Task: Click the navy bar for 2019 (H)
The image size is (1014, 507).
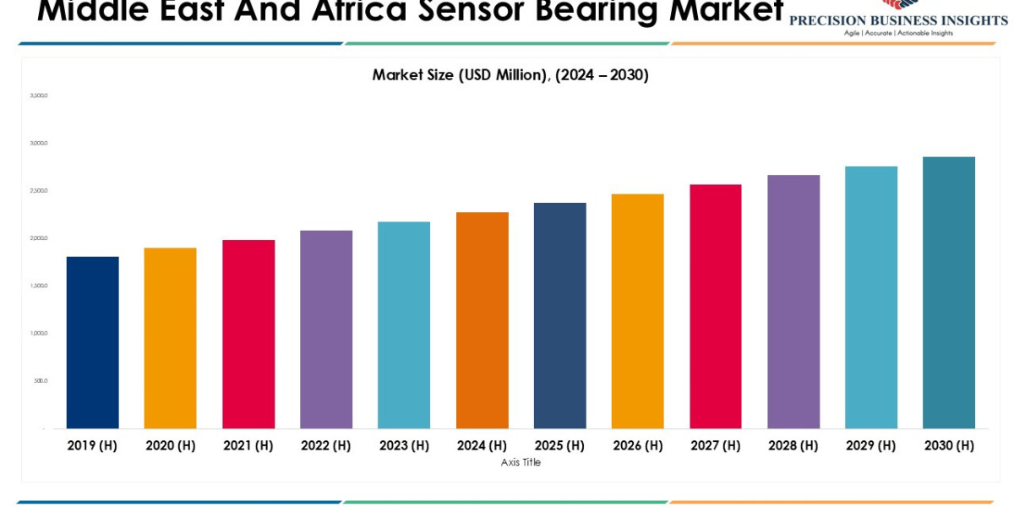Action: [92, 342]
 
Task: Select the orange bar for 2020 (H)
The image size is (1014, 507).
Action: [170, 338]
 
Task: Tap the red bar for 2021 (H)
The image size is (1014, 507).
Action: [248, 334]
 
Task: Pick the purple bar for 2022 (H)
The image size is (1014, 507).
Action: [326, 330]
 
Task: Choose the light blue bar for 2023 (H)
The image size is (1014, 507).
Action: [404, 325]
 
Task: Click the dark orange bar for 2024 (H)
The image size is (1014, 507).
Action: [482, 320]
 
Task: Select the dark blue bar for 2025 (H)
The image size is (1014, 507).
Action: [559, 315]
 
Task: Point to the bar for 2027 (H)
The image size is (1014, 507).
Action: [716, 306]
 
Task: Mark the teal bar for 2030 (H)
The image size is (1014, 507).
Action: [949, 292]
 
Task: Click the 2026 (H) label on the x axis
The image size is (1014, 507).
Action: [637, 445]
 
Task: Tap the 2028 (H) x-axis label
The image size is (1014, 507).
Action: [793, 445]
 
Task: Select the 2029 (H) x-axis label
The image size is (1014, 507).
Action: [871, 445]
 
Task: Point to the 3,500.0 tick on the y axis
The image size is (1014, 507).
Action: [39, 95]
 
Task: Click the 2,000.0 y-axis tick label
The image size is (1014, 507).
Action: [39, 238]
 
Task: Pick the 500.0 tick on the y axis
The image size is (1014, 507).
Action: [41, 380]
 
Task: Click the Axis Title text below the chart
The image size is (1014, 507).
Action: [521, 462]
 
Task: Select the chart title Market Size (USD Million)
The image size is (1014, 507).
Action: [510, 75]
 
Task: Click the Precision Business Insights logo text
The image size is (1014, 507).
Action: [898, 20]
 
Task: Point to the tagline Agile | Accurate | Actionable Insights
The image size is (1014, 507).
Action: [898, 33]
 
